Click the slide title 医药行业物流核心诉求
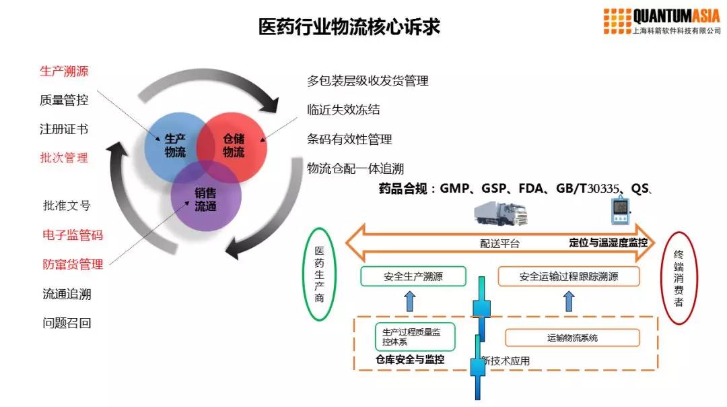[x=350, y=27]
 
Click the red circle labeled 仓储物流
[x=236, y=146]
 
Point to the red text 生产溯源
[x=64, y=71]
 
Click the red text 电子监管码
[x=73, y=235]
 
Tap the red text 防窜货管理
[x=73, y=264]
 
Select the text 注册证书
[x=64, y=129]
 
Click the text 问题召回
[x=67, y=323]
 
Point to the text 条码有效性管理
[x=349, y=139]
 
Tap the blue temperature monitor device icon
[x=619, y=211]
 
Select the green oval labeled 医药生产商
[x=320, y=274]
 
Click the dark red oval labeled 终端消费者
[x=679, y=277]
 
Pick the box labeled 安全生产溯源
[x=413, y=276]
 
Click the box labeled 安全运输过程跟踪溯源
[x=568, y=276]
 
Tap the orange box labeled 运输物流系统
[x=572, y=338]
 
